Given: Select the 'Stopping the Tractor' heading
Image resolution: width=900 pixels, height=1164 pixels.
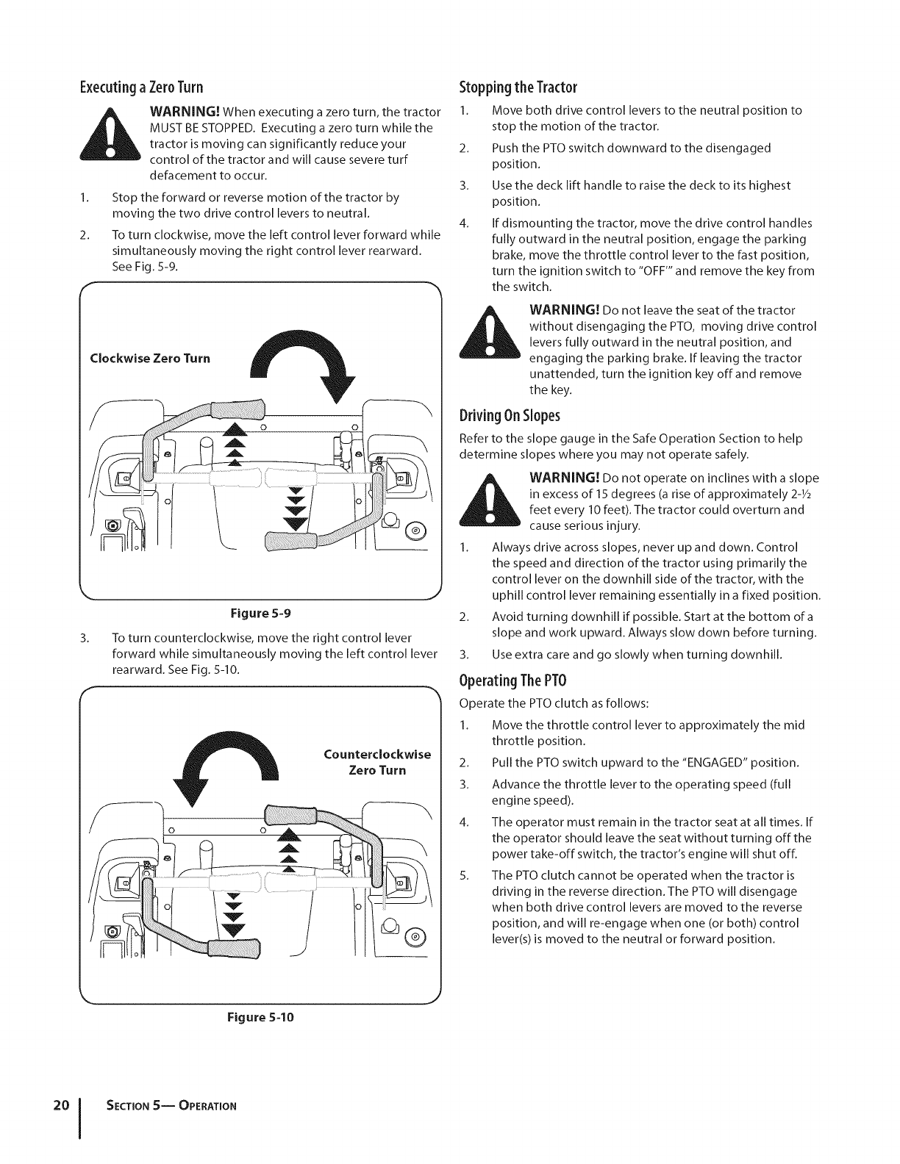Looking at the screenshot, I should pos(518,87).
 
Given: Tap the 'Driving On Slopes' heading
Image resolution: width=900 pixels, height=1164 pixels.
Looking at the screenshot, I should pos(510,416).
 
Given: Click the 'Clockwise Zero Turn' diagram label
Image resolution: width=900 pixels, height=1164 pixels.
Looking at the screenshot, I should pos(149,359).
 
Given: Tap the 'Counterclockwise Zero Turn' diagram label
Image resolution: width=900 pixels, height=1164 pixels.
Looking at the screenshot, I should pos(377,763).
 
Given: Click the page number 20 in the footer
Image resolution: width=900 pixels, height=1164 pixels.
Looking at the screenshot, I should pos(61,1105).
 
